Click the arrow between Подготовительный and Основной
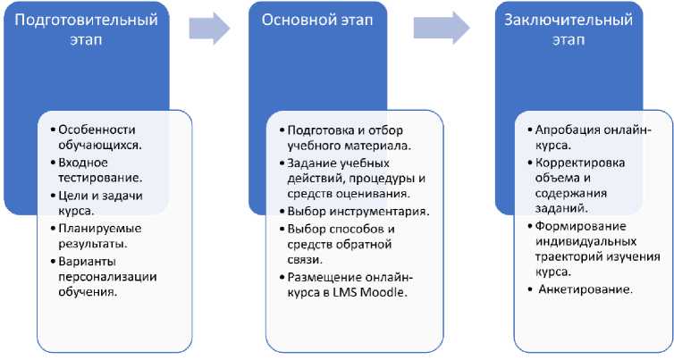(x=208, y=28)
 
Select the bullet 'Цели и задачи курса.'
(x=98, y=203)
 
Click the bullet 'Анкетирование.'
(x=586, y=289)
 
